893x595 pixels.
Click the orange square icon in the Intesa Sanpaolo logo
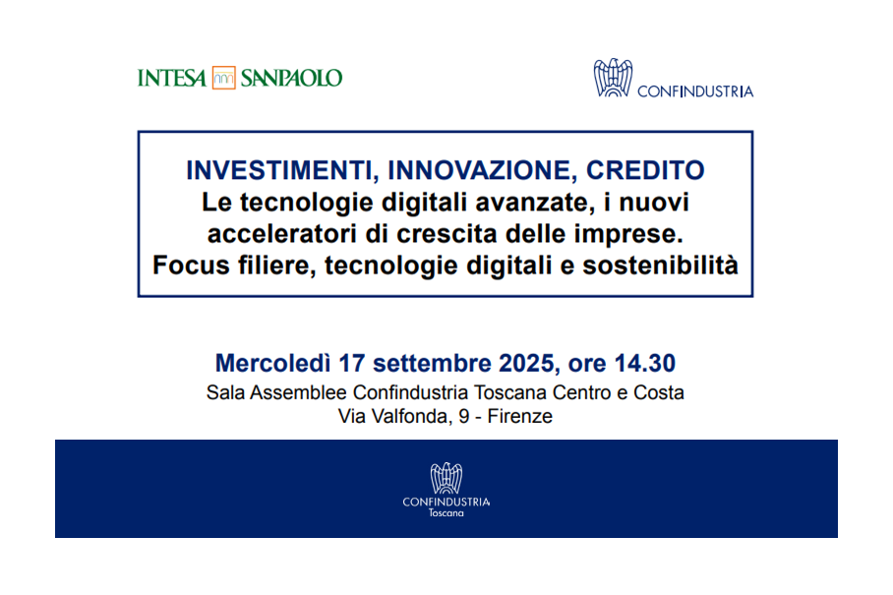point(224,78)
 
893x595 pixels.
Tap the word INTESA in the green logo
point(172,78)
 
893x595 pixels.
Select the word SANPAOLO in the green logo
point(291,78)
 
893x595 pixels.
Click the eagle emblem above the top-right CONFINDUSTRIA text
point(613,78)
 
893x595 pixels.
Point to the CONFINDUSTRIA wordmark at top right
point(695,91)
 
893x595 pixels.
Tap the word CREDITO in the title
point(645,170)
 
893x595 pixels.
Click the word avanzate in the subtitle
point(532,203)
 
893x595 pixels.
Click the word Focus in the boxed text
point(191,265)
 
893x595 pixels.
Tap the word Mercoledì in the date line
point(272,363)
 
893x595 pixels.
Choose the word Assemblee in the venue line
point(298,392)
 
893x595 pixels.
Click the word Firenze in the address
point(520,416)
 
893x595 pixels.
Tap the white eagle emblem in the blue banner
point(446,478)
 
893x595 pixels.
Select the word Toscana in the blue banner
point(446,513)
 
